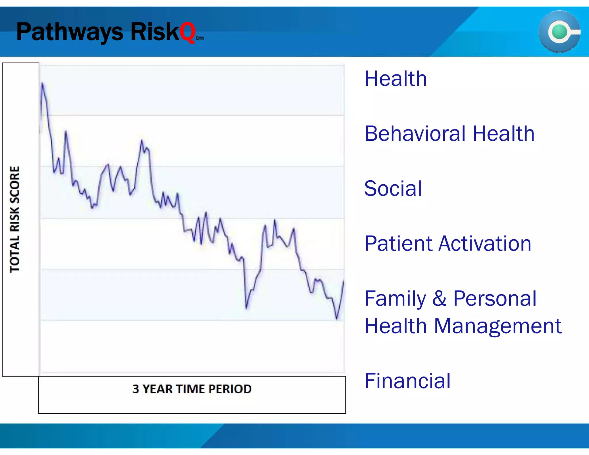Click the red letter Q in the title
point(187,32)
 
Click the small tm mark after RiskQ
point(200,38)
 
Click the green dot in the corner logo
point(559,32)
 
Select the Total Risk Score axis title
point(15,219)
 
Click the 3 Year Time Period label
point(192,389)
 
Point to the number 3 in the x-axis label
point(136,389)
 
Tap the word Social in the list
point(393,188)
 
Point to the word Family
point(395,299)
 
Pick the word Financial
point(408,381)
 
